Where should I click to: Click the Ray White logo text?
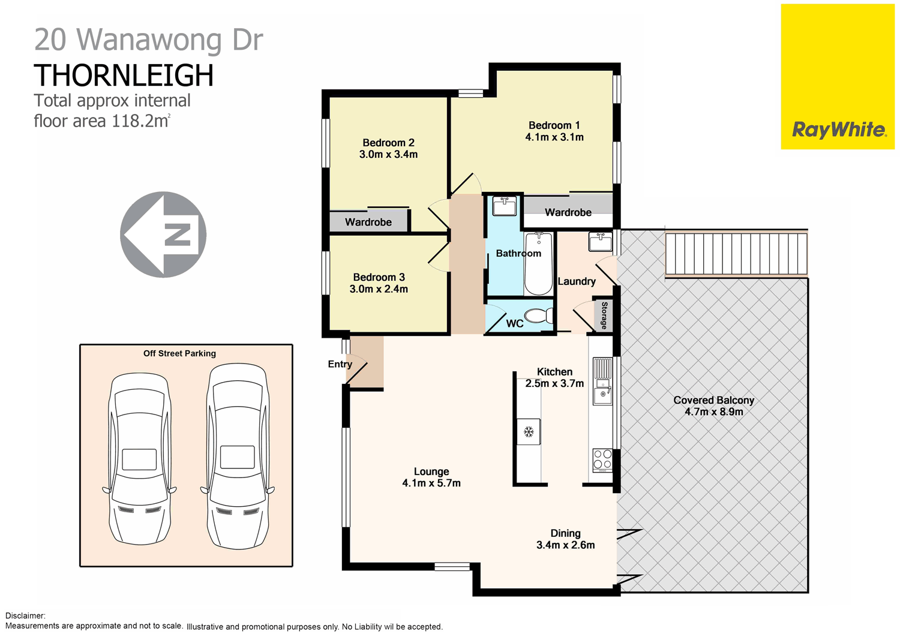tap(838, 130)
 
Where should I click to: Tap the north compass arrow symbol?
tap(163, 235)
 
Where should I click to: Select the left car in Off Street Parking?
tap(140, 459)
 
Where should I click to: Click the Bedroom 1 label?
tap(554, 125)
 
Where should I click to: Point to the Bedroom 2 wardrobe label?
tap(368, 222)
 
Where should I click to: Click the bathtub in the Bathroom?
tap(538, 264)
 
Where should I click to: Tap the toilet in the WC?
tap(538, 316)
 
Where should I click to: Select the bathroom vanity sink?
tap(504, 206)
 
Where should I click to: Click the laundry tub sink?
tap(600, 242)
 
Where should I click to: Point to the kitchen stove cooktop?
tap(602, 459)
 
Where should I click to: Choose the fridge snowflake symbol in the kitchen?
tap(529, 432)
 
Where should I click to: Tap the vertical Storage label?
tap(604, 316)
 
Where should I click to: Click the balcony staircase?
tap(736, 254)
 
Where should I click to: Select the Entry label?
tap(340, 364)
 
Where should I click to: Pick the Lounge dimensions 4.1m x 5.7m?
tap(431, 483)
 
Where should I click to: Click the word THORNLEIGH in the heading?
tap(124, 76)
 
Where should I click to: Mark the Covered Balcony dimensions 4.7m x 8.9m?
tap(713, 411)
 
